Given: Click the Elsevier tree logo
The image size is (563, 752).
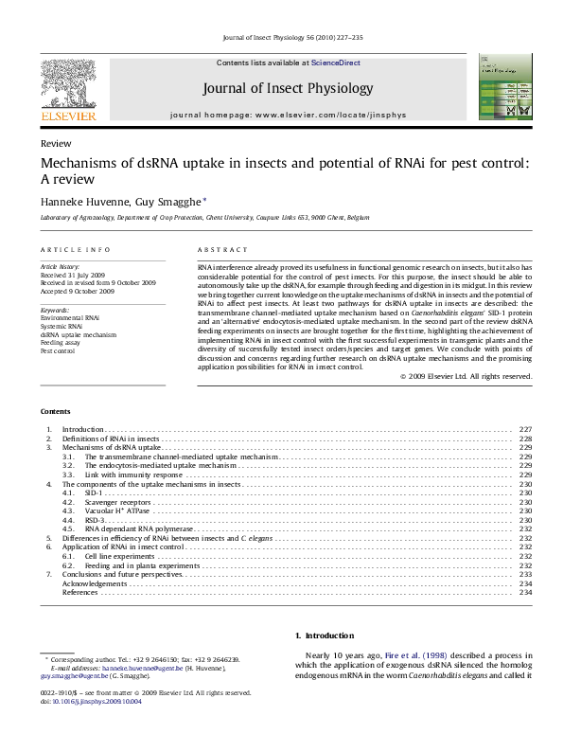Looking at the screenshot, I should (67, 88).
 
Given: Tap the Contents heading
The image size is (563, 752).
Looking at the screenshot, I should (55, 411).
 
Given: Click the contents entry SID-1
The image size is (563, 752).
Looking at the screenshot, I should (92, 492).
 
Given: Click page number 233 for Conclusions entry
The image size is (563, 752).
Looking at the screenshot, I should (526, 574).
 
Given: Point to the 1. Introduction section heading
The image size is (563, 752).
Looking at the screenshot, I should (325, 636).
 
